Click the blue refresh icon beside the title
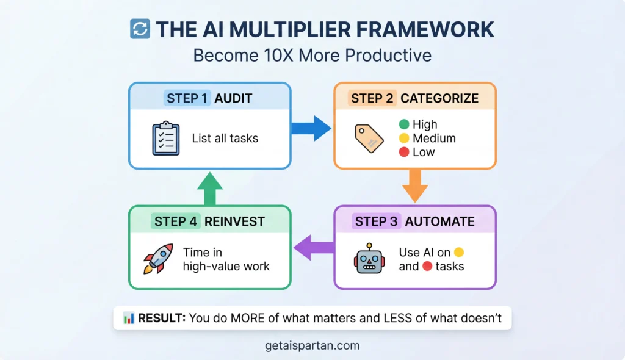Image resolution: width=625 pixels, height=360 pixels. pyautogui.click(x=140, y=29)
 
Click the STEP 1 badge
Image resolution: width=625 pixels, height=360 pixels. pyautogui.click(x=187, y=98)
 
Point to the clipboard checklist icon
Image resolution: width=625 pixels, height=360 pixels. pyautogui.click(x=165, y=138)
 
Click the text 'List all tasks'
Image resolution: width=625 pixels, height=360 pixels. pyautogui.click(x=225, y=139)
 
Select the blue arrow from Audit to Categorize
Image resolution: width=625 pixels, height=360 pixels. pyautogui.click(x=311, y=128)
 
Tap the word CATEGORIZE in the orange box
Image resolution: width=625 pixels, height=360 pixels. pyautogui.click(x=439, y=98)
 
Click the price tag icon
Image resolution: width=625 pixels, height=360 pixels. pyautogui.click(x=369, y=139)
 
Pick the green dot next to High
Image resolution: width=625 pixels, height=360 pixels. pyautogui.click(x=403, y=124)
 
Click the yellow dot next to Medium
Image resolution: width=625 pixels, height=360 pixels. pyautogui.click(x=403, y=139)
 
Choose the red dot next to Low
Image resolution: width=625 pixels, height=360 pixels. pyautogui.click(x=403, y=153)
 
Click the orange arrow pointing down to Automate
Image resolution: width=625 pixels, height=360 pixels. pyautogui.click(x=414, y=185)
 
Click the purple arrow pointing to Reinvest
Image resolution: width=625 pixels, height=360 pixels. pyautogui.click(x=313, y=247)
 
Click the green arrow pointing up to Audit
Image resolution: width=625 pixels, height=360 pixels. pyautogui.click(x=209, y=188)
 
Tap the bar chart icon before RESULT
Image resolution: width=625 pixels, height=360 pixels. pyautogui.click(x=129, y=318)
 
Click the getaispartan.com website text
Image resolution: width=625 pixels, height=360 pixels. pyautogui.click(x=312, y=345)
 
